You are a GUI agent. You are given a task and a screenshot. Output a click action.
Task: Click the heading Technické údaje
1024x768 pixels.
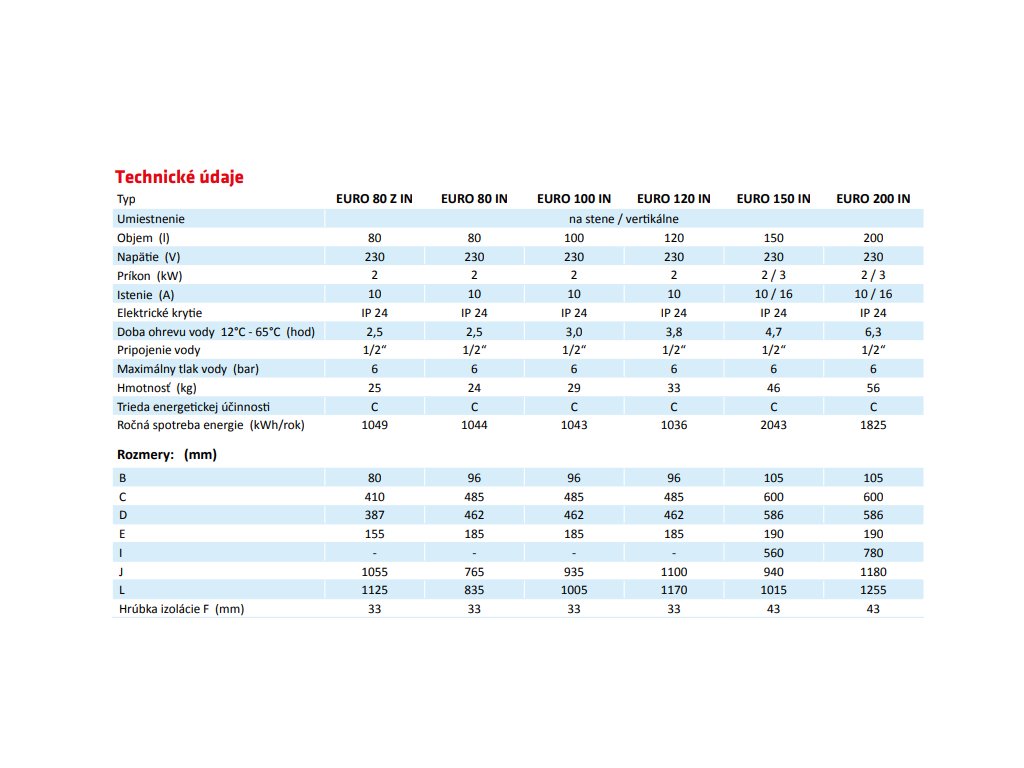(180, 177)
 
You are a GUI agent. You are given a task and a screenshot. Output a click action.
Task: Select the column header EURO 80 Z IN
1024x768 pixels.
(374, 199)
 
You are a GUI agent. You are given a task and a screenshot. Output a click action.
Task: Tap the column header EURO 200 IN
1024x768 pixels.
(873, 199)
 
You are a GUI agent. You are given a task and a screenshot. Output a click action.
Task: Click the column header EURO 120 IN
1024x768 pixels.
(673, 199)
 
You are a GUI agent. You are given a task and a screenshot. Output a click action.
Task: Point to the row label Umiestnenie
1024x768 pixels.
(151, 218)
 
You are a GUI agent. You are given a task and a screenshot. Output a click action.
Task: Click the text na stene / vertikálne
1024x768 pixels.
(624, 218)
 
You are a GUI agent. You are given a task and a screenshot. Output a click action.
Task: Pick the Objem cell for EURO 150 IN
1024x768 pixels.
(773, 238)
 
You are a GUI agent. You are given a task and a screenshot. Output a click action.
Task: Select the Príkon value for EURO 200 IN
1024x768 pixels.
(873, 275)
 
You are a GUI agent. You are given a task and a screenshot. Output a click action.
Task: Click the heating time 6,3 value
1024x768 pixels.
(873, 332)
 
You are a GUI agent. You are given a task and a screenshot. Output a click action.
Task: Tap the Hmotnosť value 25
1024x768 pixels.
(374, 388)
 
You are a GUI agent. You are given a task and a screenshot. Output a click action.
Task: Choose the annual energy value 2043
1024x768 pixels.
(773, 425)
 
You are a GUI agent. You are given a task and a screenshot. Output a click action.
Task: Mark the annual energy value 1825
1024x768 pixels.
(873, 425)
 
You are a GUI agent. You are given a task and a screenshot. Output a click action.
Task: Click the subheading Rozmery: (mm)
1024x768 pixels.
(167, 455)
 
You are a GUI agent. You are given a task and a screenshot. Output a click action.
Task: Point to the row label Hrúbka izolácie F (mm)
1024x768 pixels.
(181, 609)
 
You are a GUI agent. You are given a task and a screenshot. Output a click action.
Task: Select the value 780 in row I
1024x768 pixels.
(873, 552)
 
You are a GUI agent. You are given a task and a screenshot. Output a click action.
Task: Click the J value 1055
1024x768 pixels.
(374, 571)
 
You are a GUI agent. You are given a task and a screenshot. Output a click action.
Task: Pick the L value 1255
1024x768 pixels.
(873, 590)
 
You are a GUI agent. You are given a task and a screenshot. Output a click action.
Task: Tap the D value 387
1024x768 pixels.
(374, 515)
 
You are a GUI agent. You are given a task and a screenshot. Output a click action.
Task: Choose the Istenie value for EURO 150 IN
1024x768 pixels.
(773, 294)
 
